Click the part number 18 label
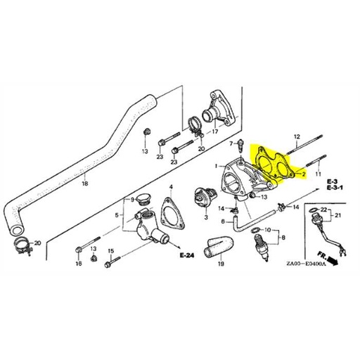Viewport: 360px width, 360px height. (84, 184)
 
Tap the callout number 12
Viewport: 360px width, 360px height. (297, 135)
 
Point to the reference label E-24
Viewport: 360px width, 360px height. (186, 254)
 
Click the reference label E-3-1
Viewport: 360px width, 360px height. (335, 188)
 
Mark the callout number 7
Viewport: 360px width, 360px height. (230, 143)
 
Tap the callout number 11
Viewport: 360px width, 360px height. (318, 172)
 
